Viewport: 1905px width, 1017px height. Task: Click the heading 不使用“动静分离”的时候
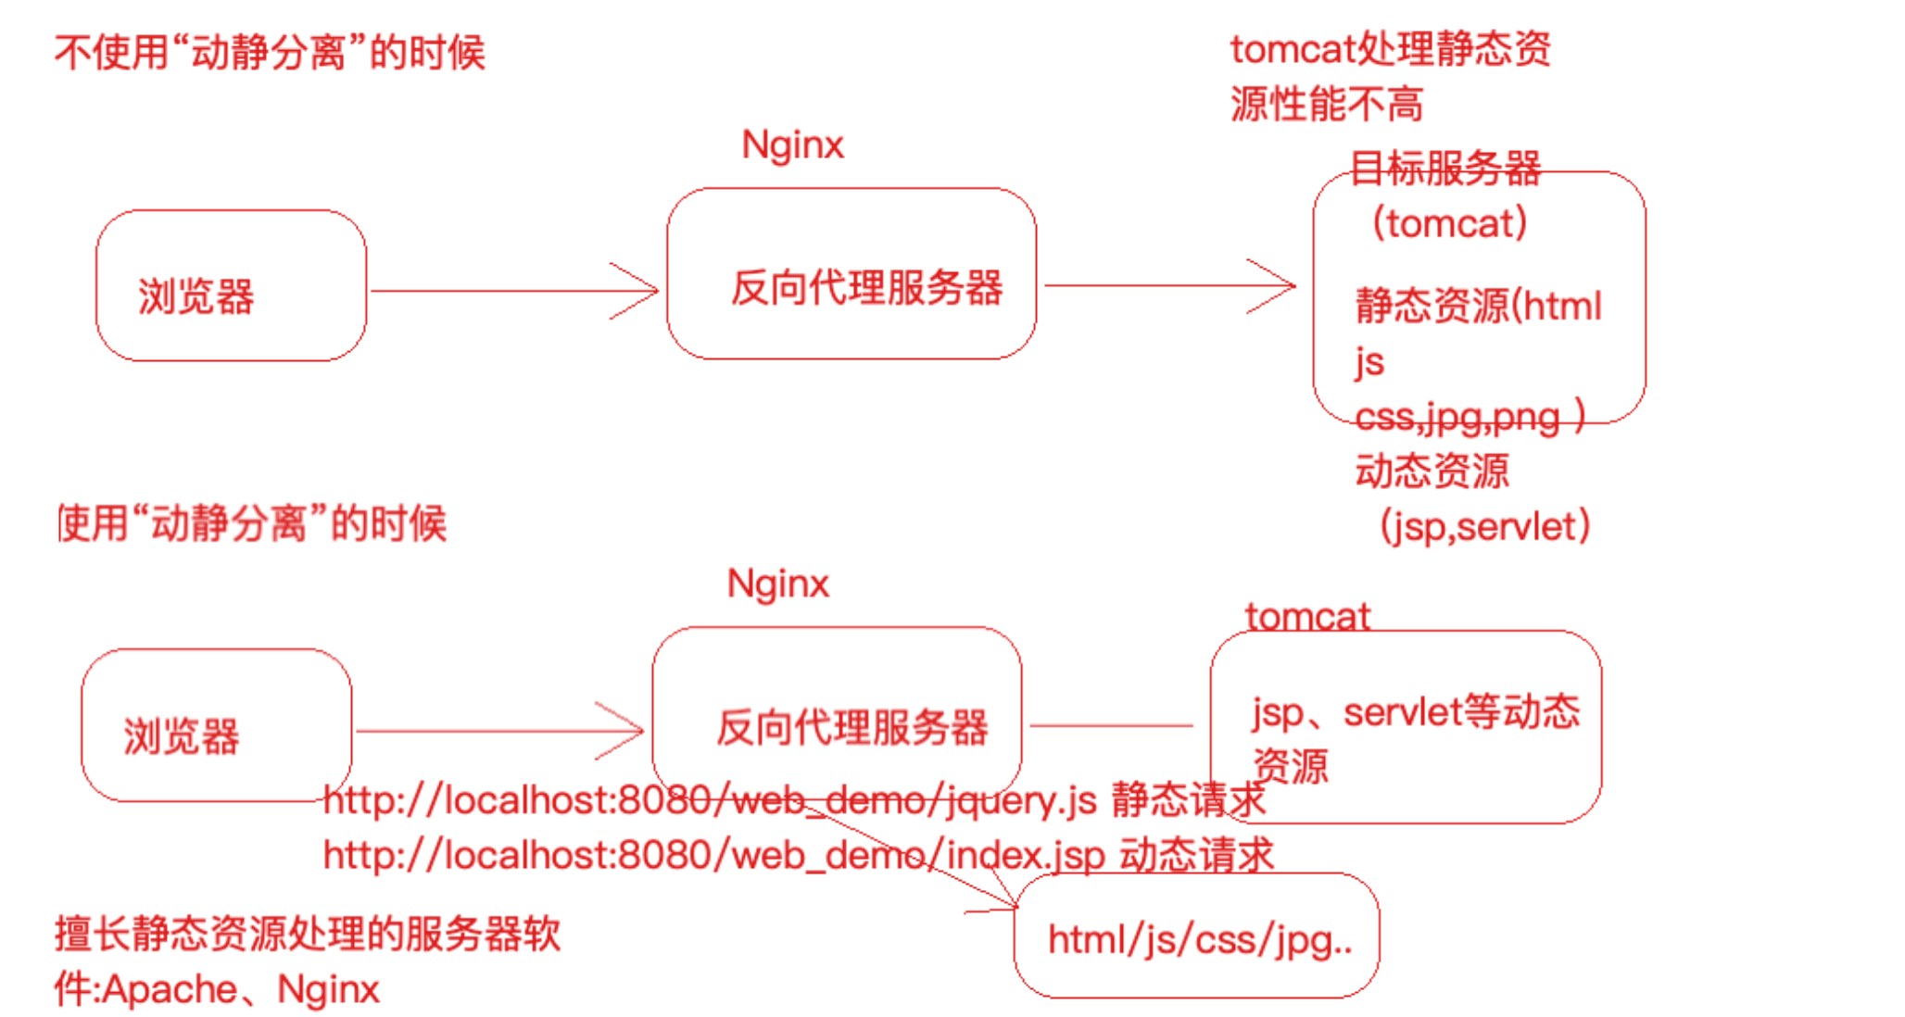(270, 52)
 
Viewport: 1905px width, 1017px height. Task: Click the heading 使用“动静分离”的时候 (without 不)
(252, 523)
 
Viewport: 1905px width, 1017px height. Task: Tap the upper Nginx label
(793, 145)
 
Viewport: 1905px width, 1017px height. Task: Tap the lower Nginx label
(778, 584)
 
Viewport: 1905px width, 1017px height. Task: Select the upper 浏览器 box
(231, 285)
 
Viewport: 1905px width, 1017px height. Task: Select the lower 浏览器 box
(216, 724)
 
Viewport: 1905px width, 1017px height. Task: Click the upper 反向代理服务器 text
(866, 288)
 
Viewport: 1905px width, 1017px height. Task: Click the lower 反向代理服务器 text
(852, 728)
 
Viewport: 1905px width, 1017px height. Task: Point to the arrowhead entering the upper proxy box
(649, 291)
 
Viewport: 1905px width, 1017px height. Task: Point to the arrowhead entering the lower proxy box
(634, 731)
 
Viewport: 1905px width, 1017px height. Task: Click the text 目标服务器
(1445, 169)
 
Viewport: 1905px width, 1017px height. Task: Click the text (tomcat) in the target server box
(1449, 223)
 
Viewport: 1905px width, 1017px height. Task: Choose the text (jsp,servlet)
(1484, 527)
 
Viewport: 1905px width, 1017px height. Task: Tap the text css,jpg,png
(1458, 417)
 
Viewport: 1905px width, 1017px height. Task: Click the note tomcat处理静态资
(1390, 49)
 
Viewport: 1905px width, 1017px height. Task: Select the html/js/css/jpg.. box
(1197, 935)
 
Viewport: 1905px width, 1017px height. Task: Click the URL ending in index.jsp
(713, 855)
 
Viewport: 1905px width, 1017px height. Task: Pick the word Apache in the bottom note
(170, 990)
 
